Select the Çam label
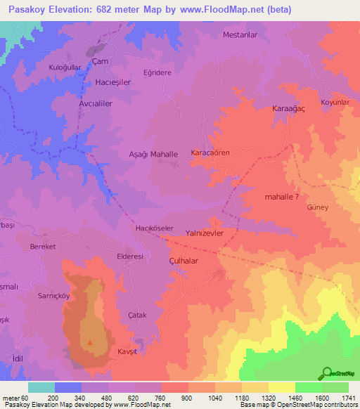(101, 62)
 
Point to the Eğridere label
(157, 72)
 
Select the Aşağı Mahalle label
(153, 153)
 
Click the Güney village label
(317, 208)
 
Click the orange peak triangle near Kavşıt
(89, 343)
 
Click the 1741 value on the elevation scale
(349, 398)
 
